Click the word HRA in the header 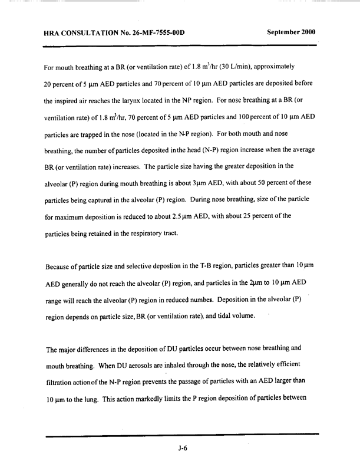[53, 33]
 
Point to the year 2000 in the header [307, 32]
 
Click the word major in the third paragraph [67, 347]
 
